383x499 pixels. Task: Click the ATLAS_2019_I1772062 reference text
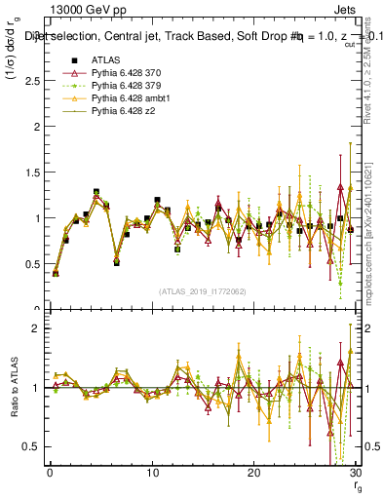coord(202,291)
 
